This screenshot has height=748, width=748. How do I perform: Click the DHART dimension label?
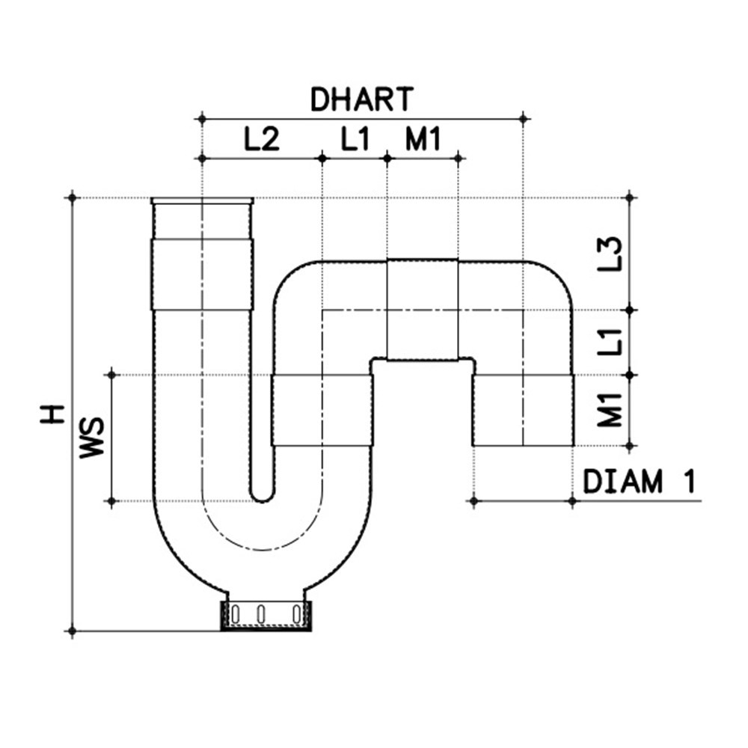[361, 99]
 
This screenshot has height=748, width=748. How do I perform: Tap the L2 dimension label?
[261, 139]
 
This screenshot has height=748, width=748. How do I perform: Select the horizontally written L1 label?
[355, 139]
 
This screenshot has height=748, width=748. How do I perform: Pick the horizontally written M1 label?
[423, 139]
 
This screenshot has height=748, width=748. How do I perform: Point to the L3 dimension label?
[613, 254]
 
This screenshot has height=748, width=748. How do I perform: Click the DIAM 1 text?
[639, 482]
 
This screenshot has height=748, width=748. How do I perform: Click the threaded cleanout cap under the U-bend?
[266, 615]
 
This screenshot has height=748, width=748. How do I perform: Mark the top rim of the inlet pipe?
[202, 200]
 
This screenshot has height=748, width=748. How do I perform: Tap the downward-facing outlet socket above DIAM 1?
[523, 410]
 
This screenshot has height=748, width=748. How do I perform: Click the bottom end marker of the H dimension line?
[73, 631]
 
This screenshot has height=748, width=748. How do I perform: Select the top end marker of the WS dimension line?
[111, 374]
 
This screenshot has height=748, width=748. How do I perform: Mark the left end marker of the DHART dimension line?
[201, 118]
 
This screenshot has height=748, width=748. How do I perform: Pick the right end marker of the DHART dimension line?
[523, 118]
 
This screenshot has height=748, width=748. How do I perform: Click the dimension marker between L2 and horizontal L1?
[322, 158]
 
